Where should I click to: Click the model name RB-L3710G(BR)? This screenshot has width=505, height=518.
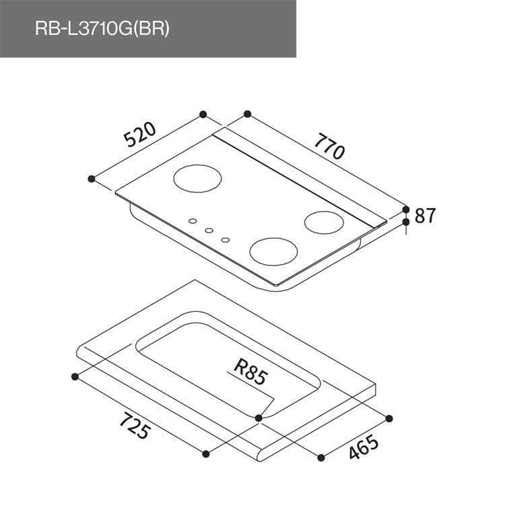point(102,29)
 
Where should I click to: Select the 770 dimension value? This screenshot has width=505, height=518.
point(329,145)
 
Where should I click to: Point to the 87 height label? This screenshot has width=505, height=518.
point(426,216)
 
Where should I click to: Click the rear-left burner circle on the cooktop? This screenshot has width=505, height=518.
point(197,179)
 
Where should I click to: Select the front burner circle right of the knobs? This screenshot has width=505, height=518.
point(273,251)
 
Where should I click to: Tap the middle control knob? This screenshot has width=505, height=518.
point(209,230)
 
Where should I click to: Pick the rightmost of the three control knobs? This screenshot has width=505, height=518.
point(225,238)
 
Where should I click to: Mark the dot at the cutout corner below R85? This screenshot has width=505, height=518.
point(259,418)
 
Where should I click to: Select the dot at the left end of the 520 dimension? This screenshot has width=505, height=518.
point(92,179)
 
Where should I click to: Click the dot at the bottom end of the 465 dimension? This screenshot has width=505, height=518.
point(321,458)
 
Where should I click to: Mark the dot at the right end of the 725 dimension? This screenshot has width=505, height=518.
point(206,454)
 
